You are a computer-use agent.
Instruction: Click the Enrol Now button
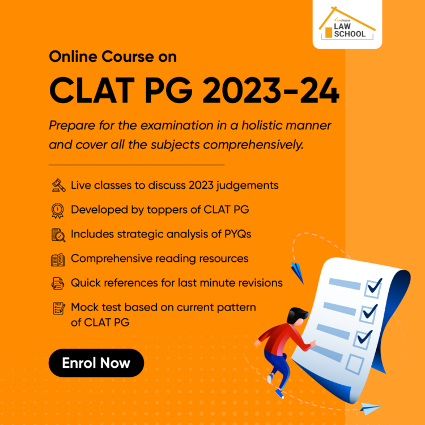pyautogui.click(x=96, y=363)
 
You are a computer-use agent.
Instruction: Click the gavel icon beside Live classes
pyautogui.click(x=58, y=185)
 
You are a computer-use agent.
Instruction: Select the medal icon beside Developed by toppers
pyautogui.click(x=57, y=211)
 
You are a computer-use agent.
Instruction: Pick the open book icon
pyautogui.click(x=58, y=260)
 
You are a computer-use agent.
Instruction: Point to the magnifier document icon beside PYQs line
pyautogui.click(x=58, y=235)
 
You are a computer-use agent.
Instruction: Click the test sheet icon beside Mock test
pyautogui.click(x=59, y=308)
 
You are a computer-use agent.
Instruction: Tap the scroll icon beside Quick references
pyautogui.click(x=58, y=283)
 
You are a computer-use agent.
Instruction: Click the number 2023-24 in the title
pyautogui.click(x=271, y=90)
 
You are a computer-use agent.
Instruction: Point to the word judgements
pyautogui.click(x=248, y=186)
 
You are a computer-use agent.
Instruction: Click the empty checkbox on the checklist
pyautogui.click(x=355, y=364)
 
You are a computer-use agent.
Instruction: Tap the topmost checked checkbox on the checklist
pyautogui.click(x=373, y=288)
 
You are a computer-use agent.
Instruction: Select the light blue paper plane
pyautogui.click(x=370, y=409)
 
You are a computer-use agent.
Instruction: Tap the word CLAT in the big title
pyautogui.click(x=92, y=90)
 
